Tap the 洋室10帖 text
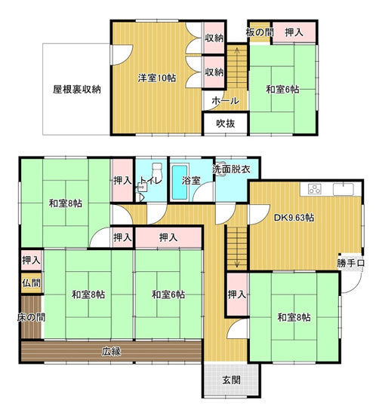(157, 78)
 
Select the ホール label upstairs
(225, 101)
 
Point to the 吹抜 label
(225, 124)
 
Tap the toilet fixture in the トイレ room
(156, 171)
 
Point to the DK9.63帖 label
(294, 218)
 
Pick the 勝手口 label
(350, 263)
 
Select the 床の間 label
(31, 318)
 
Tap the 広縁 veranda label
(112, 351)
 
